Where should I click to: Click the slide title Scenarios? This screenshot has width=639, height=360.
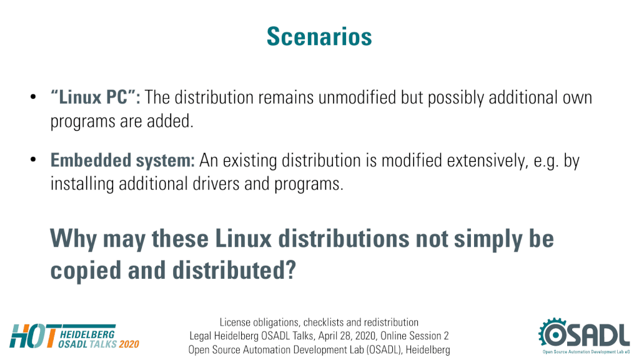coord(319,37)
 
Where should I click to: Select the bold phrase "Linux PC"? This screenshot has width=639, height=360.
coord(93,97)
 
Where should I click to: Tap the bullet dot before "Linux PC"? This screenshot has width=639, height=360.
coord(33,97)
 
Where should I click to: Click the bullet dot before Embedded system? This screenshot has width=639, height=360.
coord(33,160)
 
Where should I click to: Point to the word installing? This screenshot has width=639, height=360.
coord(82,184)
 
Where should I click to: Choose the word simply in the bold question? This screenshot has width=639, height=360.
coord(488,239)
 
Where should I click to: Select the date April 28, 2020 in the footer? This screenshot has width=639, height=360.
coord(347,336)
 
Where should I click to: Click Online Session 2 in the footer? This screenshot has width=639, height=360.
coord(415,336)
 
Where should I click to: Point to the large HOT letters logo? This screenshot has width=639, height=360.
coord(34,336)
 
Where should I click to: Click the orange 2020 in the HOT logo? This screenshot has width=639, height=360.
coord(129,344)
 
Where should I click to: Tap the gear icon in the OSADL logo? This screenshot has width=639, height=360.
coord(553,334)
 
